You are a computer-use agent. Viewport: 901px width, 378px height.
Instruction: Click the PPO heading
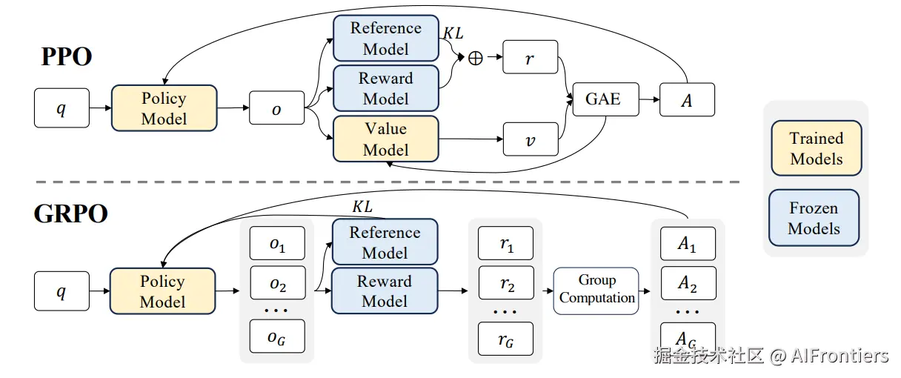(x=67, y=57)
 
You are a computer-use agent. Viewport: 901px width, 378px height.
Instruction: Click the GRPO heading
(x=71, y=213)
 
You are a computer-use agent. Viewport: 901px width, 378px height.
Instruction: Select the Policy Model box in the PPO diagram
(x=164, y=108)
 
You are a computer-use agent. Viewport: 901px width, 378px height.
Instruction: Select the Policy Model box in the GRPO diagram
(x=162, y=291)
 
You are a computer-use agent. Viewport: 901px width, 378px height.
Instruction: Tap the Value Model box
(x=385, y=139)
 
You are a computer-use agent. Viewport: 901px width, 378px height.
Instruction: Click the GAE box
(x=605, y=99)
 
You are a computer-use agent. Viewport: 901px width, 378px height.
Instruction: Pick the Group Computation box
(x=596, y=290)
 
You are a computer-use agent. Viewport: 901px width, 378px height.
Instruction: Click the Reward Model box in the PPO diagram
(x=385, y=89)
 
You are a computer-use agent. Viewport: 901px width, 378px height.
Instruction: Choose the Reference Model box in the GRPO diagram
(x=385, y=242)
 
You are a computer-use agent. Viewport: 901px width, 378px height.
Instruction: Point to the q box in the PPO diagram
(x=61, y=108)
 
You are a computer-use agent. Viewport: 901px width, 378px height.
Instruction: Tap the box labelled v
(x=530, y=139)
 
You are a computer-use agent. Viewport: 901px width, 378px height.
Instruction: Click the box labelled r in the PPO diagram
(x=530, y=58)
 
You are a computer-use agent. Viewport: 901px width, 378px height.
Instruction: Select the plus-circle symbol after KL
(x=476, y=58)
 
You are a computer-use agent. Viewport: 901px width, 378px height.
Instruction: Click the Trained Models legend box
(x=816, y=148)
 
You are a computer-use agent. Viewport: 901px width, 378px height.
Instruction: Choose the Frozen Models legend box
(x=814, y=218)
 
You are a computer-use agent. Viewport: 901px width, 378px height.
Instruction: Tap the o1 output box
(x=277, y=243)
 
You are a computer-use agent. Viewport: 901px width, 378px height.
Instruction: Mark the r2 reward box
(x=506, y=283)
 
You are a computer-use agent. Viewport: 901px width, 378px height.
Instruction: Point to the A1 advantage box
(x=688, y=243)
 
